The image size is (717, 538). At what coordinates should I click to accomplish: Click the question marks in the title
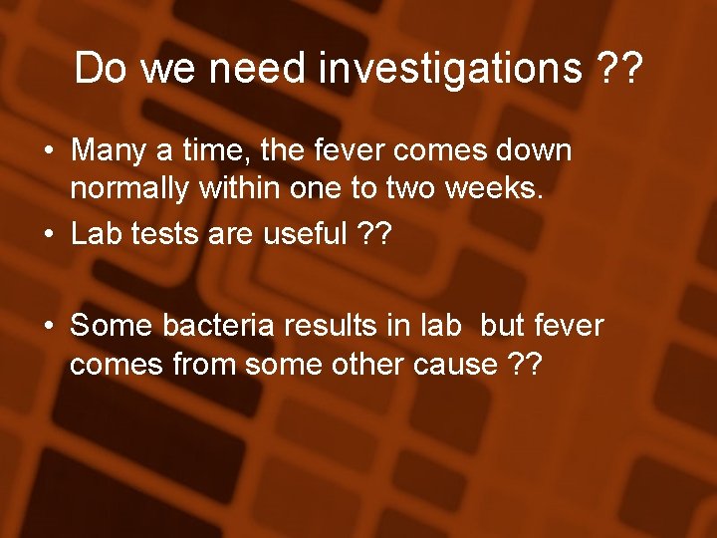(618, 69)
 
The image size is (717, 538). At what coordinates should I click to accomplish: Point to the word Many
(109, 151)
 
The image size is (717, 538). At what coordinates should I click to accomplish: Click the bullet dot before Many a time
(48, 152)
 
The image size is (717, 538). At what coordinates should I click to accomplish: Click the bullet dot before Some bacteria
(48, 326)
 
